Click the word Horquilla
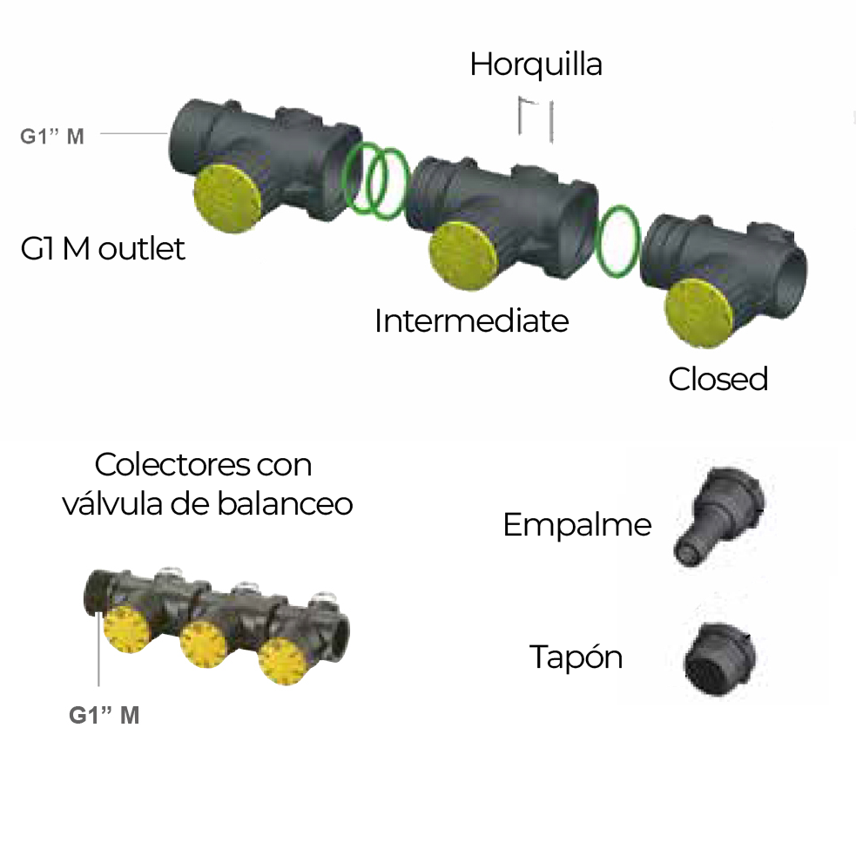(x=536, y=65)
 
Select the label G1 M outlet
(x=103, y=249)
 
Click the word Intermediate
(x=471, y=321)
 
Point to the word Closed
(x=718, y=379)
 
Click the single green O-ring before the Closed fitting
(x=619, y=242)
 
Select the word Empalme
(x=576, y=525)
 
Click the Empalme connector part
(x=718, y=513)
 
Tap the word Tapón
(x=576, y=657)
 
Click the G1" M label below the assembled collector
(x=104, y=716)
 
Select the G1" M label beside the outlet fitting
(x=52, y=136)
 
